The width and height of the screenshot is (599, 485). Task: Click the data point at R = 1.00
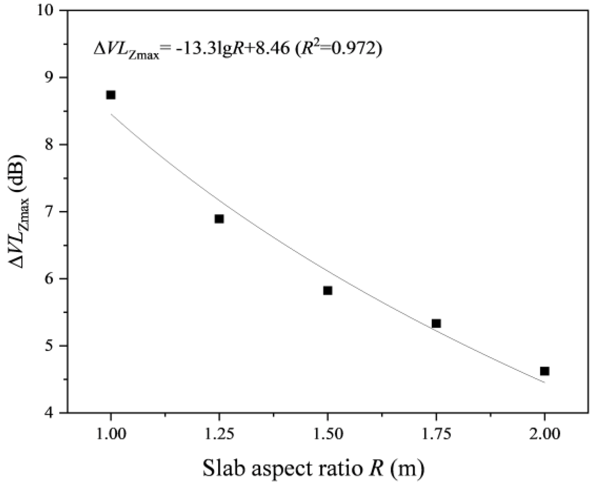click(x=111, y=95)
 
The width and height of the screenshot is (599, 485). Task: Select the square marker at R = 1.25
click(x=219, y=219)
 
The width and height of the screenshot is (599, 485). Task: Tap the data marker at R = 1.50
click(x=328, y=290)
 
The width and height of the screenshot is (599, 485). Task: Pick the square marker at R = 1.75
click(x=436, y=323)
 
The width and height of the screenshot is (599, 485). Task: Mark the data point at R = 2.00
click(x=544, y=371)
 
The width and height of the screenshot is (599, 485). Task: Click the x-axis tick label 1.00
click(x=111, y=434)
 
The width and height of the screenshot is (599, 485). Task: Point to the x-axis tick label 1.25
click(x=219, y=434)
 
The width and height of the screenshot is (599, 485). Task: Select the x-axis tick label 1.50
click(x=328, y=434)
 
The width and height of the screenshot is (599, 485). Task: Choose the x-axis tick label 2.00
click(x=544, y=434)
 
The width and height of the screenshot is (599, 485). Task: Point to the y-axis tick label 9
click(x=52, y=77)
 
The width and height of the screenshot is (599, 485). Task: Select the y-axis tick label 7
click(x=52, y=212)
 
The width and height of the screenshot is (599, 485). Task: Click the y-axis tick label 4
click(x=52, y=413)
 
